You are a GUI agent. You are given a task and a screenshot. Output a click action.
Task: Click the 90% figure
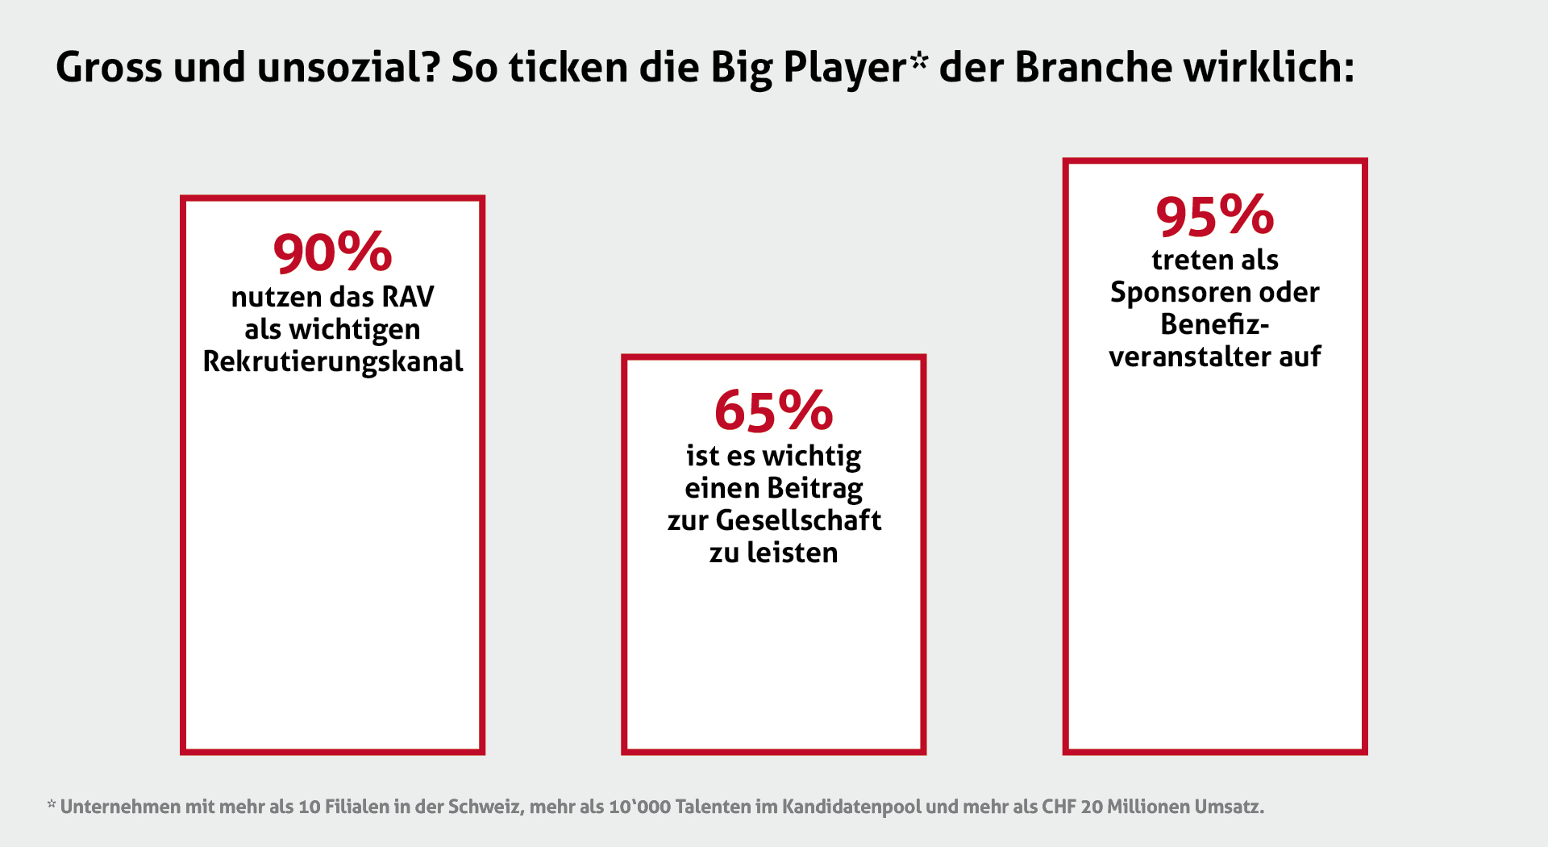[x=332, y=252]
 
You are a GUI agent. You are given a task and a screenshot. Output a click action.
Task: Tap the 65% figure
[x=773, y=411]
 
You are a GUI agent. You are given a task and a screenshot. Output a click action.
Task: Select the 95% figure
[x=1214, y=216]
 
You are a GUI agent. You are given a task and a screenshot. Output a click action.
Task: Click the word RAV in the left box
[x=408, y=297]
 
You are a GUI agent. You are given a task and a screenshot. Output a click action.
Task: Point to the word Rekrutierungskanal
[x=332, y=361]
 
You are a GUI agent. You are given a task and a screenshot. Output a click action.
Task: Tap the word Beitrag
[x=814, y=488]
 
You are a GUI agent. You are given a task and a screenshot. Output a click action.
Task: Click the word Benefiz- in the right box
[x=1214, y=324]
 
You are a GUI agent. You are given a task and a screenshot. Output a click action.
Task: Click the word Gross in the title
[x=109, y=68]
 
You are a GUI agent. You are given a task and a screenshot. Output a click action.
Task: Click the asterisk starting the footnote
[x=52, y=803]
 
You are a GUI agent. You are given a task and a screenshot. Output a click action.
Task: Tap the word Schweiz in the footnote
[x=483, y=807]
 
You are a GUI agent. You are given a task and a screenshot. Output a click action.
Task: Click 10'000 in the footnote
[x=639, y=807]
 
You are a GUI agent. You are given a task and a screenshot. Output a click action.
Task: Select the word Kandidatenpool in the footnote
[x=851, y=807]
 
